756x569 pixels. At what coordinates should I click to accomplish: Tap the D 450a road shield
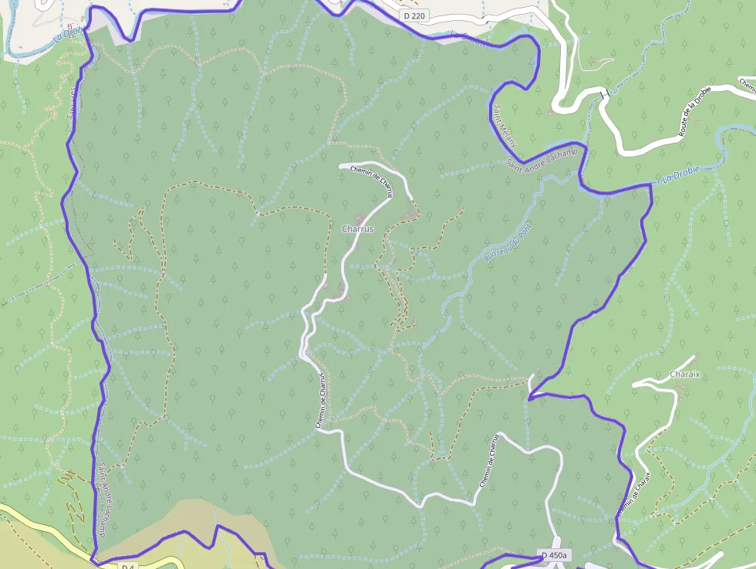click(x=554, y=555)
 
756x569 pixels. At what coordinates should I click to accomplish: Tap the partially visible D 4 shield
click(x=128, y=566)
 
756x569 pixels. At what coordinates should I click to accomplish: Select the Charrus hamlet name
click(x=357, y=229)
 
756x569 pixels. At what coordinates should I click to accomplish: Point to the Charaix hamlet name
click(x=685, y=374)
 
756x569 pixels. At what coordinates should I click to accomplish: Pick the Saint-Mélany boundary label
click(x=506, y=126)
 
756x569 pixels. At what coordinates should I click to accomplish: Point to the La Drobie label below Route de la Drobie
click(x=678, y=179)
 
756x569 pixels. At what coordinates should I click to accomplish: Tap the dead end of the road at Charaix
click(x=694, y=357)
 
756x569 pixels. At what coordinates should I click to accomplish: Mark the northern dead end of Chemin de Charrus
click(x=341, y=165)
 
